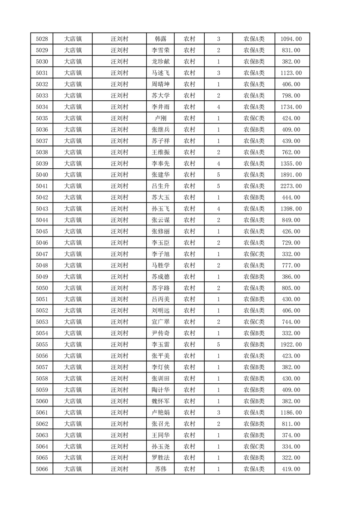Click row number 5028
(x=42, y=39)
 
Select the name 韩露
(x=160, y=39)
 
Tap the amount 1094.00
(x=291, y=39)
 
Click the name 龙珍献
(x=160, y=62)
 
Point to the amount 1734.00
(x=291, y=107)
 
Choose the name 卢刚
(x=160, y=118)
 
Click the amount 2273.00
(x=291, y=186)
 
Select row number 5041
(x=42, y=186)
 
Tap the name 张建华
(x=160, y=175)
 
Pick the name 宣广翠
(x=160, y=322)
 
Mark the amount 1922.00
(x=291, y=345)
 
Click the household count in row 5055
(x=218, y=345)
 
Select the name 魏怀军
(x=160, y=401)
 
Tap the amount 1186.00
(x=291, y=412)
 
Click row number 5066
(x=42, y=469)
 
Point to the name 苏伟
(x=160, y=469)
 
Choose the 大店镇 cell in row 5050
(x=73, y=288)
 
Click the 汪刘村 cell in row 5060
(x=120, y=401)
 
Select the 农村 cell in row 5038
(x=189, y=152)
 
